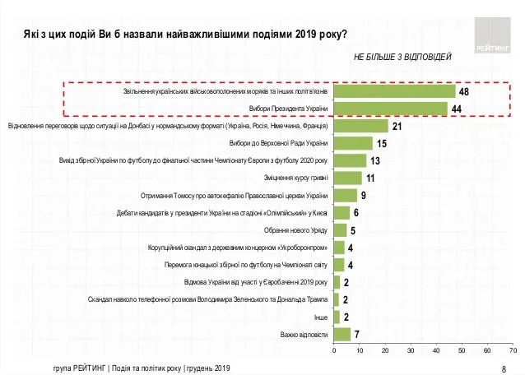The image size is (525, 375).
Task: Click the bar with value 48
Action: tap(394, 91)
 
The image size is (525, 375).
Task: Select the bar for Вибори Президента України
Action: tap(390, 109)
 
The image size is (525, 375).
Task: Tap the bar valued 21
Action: tap(360, 126)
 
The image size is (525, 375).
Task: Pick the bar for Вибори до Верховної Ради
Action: tap(353, 143)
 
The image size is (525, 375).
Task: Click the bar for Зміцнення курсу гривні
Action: tap(348, 178)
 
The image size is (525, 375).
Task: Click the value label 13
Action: tap(375, 160)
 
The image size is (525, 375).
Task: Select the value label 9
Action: tap(363, 195)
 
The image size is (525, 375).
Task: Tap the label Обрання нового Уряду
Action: tap(296, 230)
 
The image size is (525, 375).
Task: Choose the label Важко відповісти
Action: tap(304, 334)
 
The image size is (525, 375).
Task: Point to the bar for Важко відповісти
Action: tap(342, 334)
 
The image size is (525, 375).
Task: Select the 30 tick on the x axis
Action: tap(411, 351)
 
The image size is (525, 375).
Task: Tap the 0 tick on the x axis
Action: tap(334, 351)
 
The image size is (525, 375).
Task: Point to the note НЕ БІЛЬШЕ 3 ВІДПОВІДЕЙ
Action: tap(402, 58)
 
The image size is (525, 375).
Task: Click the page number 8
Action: tap(503, 368)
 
